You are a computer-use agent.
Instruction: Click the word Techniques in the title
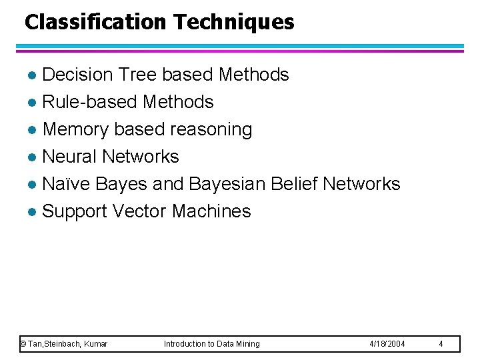(x=234, y=22)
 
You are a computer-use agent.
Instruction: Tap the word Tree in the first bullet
(x=136, y=75)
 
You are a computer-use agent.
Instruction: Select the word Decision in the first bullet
(x=78, y=75)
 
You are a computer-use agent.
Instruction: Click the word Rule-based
(x=90, y=102)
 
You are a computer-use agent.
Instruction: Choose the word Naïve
(x=66, y=184)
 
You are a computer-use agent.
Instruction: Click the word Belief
(x=294, y=184)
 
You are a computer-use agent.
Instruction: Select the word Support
(x=75, y=211)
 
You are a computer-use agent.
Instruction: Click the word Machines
(x=211, y=211)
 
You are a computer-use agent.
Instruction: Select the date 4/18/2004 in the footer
(x=387, y=344)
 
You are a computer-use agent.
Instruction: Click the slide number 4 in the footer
(x=441, y=344)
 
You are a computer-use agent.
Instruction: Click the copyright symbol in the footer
(x=23, y=344)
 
